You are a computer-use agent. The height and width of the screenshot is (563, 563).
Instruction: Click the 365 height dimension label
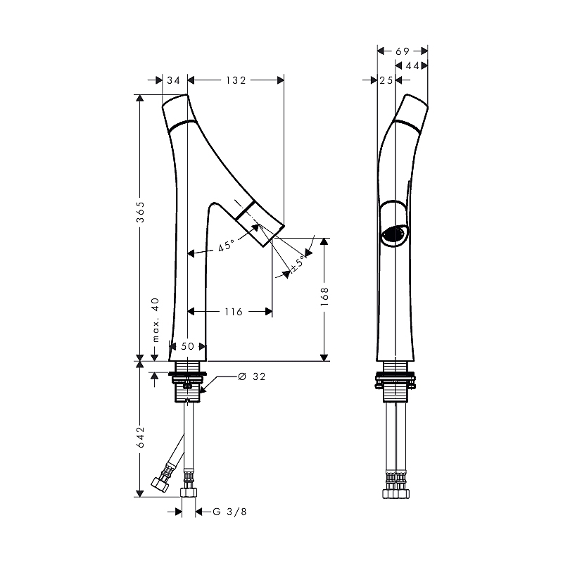140,213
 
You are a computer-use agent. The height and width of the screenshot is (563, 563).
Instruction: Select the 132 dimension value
236,80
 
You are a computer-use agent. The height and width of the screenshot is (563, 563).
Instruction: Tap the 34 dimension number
173,80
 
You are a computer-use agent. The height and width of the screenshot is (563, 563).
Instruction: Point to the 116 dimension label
234,312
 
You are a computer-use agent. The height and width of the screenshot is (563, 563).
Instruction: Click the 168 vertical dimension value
324,296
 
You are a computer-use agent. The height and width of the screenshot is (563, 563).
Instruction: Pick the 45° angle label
226,246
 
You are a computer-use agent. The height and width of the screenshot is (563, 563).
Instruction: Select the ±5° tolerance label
298,263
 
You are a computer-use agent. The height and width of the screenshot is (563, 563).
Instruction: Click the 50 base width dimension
187,346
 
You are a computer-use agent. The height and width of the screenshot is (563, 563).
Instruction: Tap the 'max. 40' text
156,320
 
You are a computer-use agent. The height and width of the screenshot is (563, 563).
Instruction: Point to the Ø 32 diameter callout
252,377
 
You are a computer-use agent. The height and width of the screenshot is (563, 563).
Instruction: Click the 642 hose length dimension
140,437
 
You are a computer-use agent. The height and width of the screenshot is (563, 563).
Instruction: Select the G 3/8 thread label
230,512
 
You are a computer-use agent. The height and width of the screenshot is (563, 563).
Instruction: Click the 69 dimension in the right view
403,51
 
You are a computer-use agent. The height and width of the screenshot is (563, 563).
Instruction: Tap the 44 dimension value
412,65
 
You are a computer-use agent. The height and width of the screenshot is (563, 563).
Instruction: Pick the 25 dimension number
386,80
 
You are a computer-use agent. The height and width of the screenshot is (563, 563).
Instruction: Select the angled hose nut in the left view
160,484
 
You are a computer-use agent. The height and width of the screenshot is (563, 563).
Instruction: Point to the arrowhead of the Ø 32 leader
201,391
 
